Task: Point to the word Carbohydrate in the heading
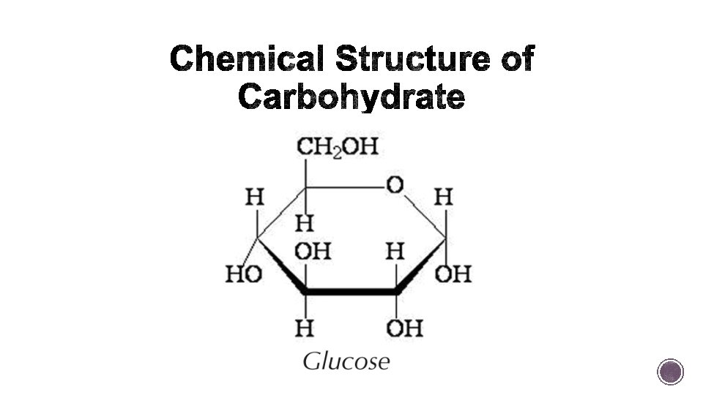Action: click(x=351, y=97)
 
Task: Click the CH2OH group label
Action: click(x=337, y=147)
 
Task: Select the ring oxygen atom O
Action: click(x=395, y=186)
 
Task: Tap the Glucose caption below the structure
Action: click(x=346, y=361)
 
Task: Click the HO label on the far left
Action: click(x=244, y=274)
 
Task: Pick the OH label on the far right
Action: click(x=453, y=274)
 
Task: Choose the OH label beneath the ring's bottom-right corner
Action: click(x=404, y=328)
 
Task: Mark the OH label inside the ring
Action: click(x=313, y=252)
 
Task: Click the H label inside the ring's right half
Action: click(x=395, y=252)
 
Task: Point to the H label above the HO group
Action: click(x=254, y=197)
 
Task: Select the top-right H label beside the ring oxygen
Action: click(x=444, y=197)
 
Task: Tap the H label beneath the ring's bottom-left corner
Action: click(x=305, y=328)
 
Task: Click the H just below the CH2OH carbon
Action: click(x=305, y=220)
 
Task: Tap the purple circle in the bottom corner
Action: click(x=670, y=372)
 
